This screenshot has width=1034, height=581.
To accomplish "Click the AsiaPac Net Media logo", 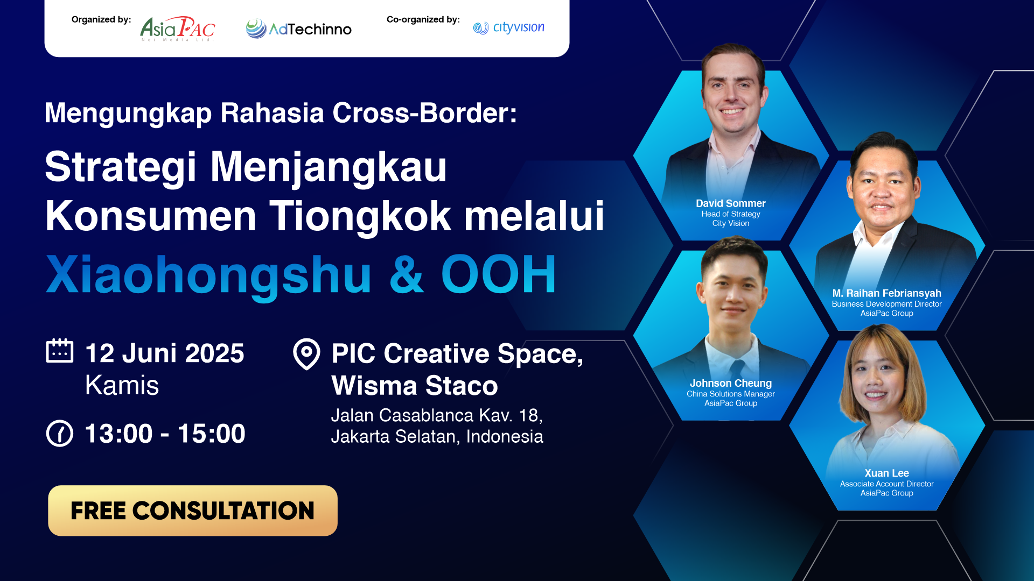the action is [178, 29].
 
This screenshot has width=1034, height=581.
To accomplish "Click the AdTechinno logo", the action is [299, 29].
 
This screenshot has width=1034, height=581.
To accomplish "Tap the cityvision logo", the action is [508, 27].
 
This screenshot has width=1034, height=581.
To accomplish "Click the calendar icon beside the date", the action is [60, 351].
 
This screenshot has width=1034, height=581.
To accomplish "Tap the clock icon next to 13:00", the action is [60, 433].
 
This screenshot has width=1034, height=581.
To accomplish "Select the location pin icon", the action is [306, 354].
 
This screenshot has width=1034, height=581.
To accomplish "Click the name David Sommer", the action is [730, 203].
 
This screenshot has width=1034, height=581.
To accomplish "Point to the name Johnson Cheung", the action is [730, 383].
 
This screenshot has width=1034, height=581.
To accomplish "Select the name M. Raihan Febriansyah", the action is [886, 293].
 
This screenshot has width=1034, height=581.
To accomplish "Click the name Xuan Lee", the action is [886, 473].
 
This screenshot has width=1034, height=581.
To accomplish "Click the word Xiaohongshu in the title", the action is [208, 275].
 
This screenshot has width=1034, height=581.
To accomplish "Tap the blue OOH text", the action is [498, 274].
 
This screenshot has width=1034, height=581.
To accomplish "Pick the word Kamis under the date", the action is [122, 385].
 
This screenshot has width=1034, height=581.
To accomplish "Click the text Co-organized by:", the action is [423, 19].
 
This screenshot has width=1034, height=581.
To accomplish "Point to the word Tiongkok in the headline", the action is [360, 216].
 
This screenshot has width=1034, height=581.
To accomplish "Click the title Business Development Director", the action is [886, 304].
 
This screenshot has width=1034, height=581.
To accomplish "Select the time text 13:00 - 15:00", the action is [165, 434].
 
